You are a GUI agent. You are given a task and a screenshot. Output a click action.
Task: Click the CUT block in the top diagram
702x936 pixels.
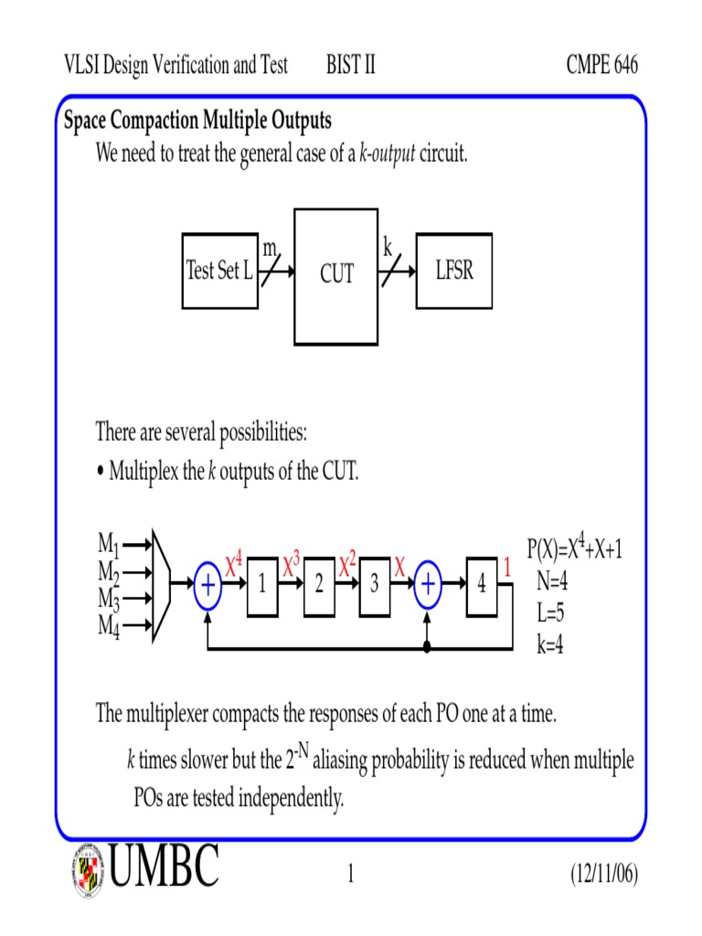coord(335,275)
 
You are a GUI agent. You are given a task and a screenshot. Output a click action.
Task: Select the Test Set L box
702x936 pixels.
coord(219,271)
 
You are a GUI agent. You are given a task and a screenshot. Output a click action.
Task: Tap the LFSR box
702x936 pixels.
coord(454,271)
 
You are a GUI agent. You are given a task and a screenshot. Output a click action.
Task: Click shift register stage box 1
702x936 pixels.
coord(262,586)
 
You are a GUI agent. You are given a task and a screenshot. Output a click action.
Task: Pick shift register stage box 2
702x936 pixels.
coord(319,586)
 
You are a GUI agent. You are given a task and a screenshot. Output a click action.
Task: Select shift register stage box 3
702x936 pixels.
coord(375,586)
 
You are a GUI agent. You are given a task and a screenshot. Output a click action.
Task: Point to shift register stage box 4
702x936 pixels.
coord(482,586)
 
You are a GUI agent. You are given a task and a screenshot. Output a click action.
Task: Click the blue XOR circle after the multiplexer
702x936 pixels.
coord(208,586)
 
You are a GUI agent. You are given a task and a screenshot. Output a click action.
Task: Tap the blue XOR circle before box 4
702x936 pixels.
coord(427,586)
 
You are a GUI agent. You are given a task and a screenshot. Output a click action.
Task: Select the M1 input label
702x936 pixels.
coord(109,546)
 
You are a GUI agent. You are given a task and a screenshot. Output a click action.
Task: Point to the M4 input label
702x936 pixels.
coord(109,628)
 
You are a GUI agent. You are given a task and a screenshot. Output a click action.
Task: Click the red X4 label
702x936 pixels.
coord(235,565)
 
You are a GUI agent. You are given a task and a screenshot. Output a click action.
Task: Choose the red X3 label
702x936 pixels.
coord(292,565)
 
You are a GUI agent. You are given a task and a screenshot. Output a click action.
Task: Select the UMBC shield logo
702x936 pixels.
coord(89,869)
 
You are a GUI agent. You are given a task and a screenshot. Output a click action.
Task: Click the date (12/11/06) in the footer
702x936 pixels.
coord(602,875)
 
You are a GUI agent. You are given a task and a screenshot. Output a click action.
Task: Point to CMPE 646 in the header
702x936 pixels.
coord(601,65)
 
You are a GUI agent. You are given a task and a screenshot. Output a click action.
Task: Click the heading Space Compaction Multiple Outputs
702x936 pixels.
coord(197,121)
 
